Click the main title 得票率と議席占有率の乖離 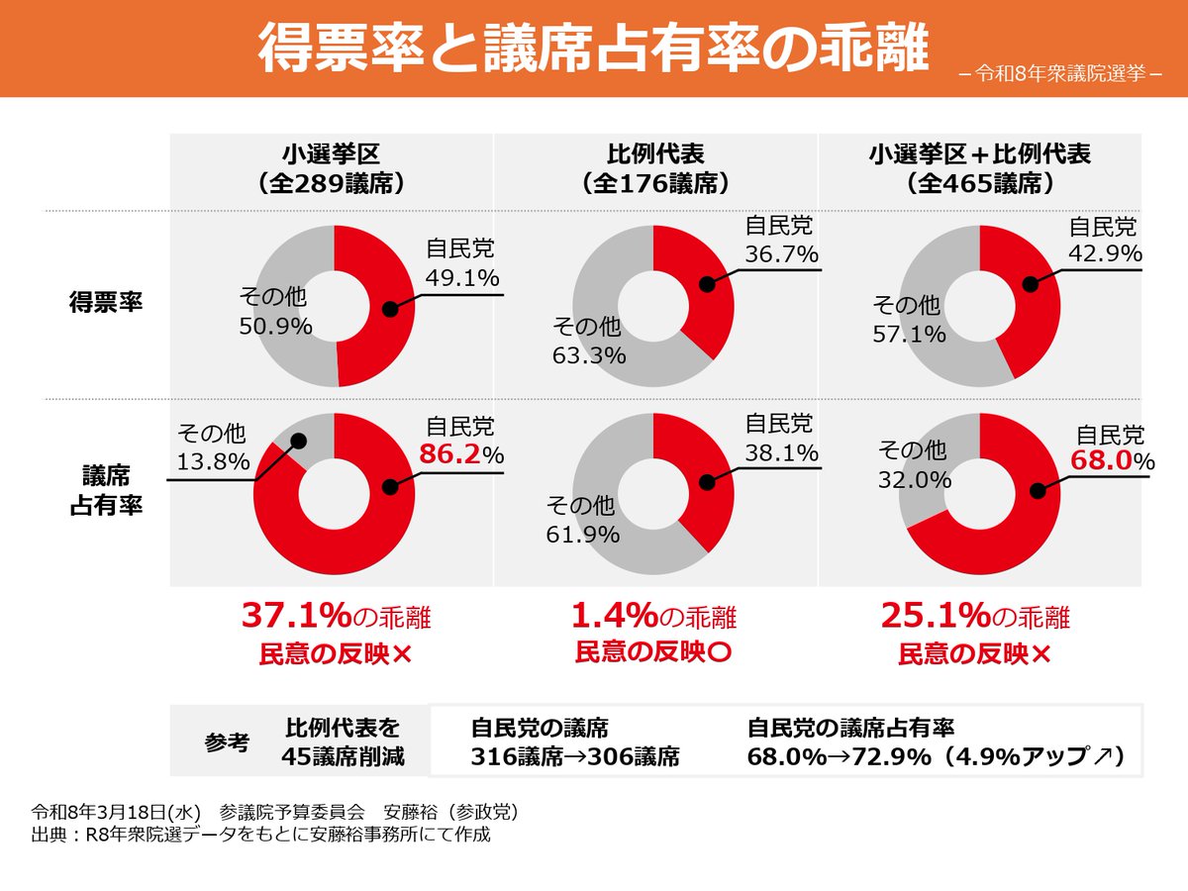(594, 49)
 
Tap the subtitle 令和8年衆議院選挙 (1059, 73)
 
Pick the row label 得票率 (106, 302)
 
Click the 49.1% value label (462, 278)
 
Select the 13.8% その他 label (213, 460)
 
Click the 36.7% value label (781, 254)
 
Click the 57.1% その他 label (908, 335)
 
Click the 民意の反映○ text (653, 651)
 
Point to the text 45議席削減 (344, 757)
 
